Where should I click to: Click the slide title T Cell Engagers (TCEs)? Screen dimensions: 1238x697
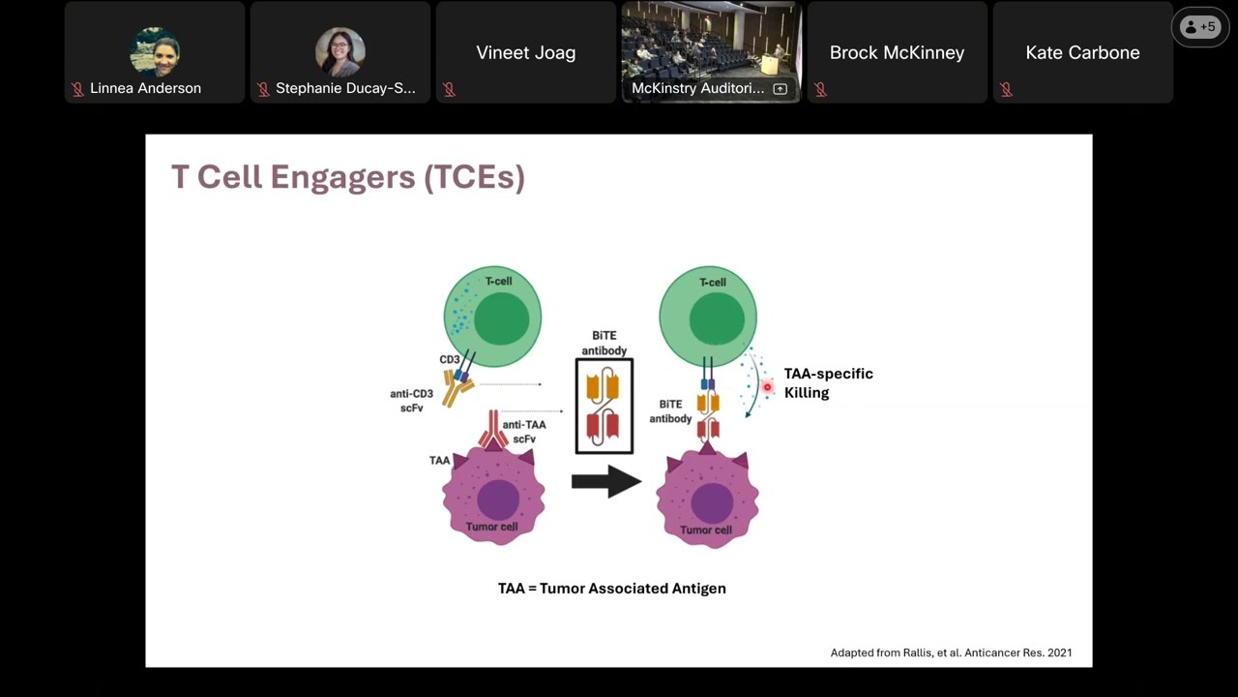347,177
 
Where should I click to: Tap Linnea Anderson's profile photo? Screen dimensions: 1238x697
155,51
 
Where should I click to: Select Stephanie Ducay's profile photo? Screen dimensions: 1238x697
340,51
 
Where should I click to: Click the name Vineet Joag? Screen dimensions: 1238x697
526,52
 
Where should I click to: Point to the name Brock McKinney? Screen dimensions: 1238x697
897,52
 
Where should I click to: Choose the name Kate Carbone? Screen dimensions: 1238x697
1082,52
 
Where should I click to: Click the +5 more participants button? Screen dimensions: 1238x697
1200,26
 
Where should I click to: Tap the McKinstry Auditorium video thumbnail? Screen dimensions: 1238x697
711,52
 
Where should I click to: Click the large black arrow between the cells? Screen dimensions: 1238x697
606,481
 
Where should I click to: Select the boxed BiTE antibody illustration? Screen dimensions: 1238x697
604,406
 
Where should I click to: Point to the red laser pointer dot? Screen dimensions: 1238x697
767,387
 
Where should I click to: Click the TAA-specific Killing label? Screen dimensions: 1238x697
829,382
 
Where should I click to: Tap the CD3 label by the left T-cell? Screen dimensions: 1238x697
450,359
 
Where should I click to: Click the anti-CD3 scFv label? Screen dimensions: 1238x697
411,401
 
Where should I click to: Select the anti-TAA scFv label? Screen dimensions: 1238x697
524,432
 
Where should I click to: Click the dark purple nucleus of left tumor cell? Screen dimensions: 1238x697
498,500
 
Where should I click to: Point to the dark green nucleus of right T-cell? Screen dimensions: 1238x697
717,318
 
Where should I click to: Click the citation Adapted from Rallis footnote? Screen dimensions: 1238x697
951,652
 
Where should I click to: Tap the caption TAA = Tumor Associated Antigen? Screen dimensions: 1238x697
612,588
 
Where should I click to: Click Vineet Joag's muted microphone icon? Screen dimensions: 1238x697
450,89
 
